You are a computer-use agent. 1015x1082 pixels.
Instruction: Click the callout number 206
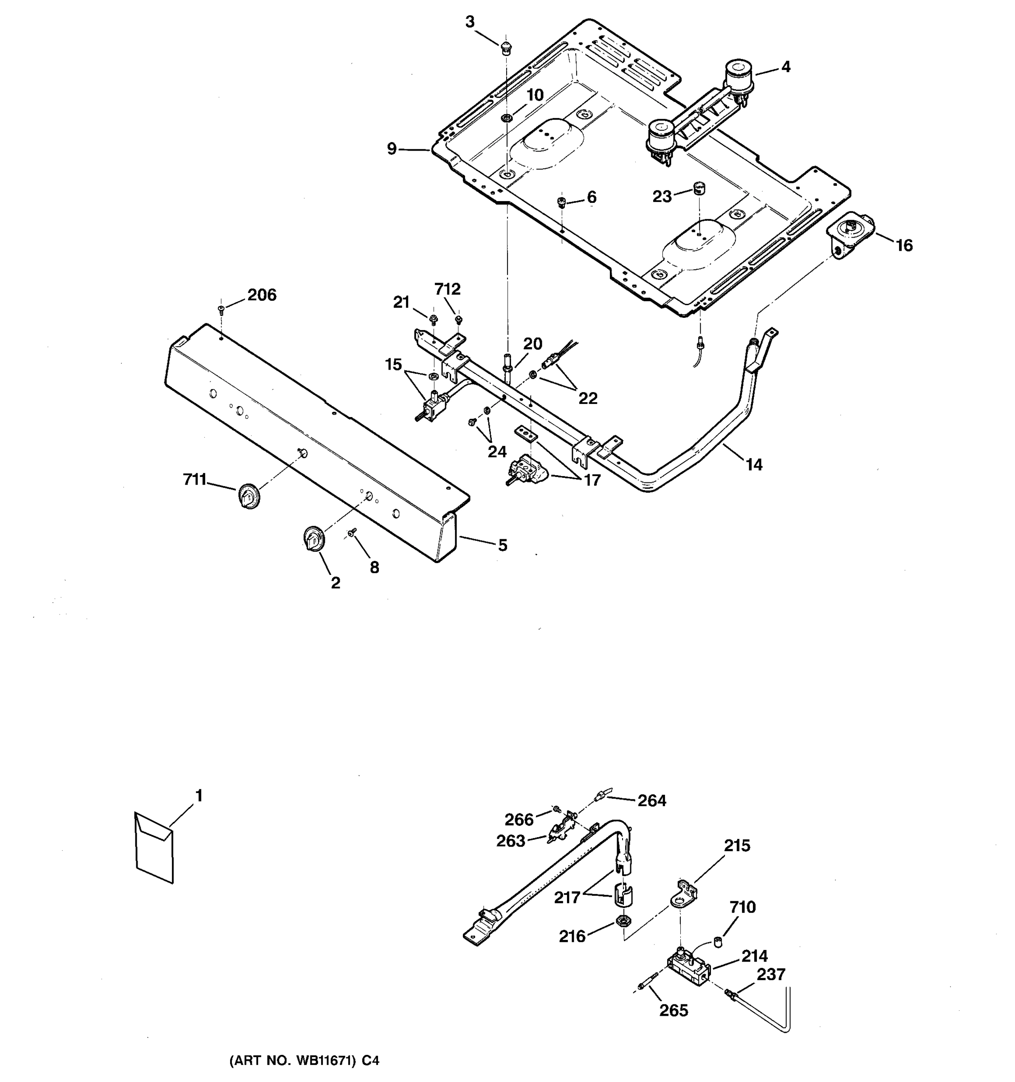pyautogui.click(x=262, y=295)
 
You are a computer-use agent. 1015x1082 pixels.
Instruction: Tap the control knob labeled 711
pyautogui.click(x=249, y=495)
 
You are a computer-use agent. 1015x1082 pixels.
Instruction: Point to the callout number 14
pyautogui.click(x=754, y=464)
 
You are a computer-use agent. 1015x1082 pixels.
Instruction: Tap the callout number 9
pyautogui.click(x=392, y=149)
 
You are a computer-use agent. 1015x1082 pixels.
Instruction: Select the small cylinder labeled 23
pyautogui.click(x=699, y=189)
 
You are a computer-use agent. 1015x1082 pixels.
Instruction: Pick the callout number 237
pyautogui.click(x=770, y=974)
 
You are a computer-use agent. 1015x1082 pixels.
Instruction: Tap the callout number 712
pyautogui.click(x=447, y=289)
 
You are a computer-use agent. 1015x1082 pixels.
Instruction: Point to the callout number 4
pyautogui.click(x=785, y=67)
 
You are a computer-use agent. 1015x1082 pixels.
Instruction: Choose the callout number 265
pyautogui.click(x=674, y=1011)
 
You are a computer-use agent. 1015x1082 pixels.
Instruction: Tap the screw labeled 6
pyautogui.click(x=562, y=203)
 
